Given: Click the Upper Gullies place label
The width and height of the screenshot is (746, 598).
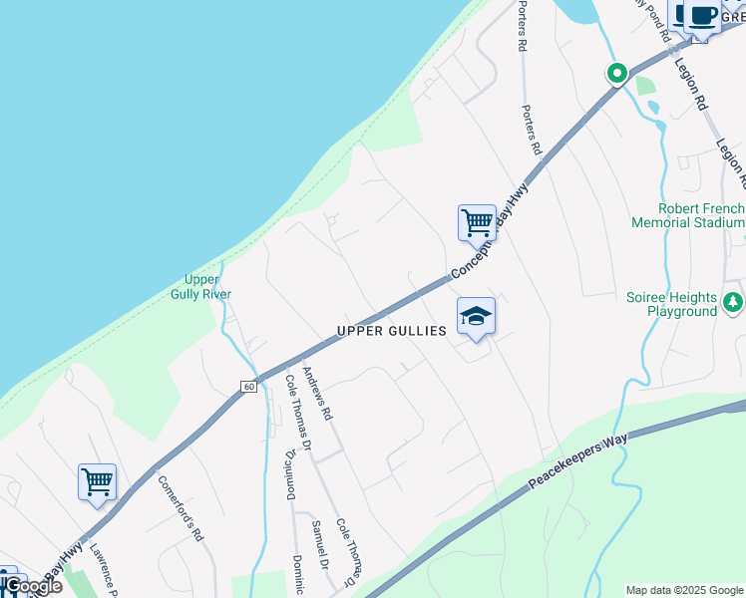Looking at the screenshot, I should [x=391, y=331].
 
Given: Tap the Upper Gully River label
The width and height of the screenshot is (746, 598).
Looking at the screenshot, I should [x=207, y=287].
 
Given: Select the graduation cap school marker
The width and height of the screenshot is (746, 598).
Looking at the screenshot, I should [x=477, y=317].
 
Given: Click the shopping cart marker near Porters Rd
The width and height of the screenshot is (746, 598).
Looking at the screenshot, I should [x=477, y=223].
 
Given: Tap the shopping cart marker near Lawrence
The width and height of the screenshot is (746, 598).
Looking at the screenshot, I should [x=97, y=482].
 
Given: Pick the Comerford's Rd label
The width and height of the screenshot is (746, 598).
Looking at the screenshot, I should [x=181, y=507].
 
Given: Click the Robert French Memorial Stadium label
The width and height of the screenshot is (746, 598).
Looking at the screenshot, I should [x=687, y=215].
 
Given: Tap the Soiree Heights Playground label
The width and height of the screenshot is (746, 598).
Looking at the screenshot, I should [x=671, y=304].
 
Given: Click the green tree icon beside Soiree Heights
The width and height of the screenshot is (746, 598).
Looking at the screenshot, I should [x=733, y=300].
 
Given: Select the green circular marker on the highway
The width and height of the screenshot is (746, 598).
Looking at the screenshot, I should [x=617, y=72].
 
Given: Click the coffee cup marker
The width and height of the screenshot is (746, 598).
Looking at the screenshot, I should [x=702, y=17].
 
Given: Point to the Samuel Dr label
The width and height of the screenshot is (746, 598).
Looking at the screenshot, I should [x=319, y=544].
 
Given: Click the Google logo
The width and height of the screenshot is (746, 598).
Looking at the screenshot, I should [x=32, y=585].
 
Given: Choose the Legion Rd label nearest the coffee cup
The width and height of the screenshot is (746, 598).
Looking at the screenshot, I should [x=690, y=84].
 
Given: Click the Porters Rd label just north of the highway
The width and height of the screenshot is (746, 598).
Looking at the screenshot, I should [x=531, y=130].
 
